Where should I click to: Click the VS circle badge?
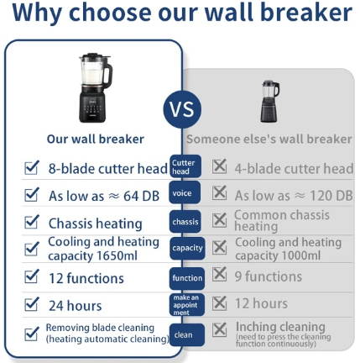point(182,109)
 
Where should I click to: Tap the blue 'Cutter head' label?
point(185,166)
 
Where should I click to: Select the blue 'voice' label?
point(185,192)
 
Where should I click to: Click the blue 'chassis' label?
point(185,222)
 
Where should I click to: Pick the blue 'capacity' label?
point(187,248)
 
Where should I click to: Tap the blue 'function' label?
point(187,278)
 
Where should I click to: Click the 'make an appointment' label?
point(187,305)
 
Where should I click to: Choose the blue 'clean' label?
point(187,334)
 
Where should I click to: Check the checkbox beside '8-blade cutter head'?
point(31,167)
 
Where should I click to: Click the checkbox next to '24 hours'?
point(31,304)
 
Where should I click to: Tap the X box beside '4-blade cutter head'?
point(219,166)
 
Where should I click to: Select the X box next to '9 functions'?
point(219,274)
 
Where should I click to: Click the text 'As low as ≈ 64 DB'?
point(104,196)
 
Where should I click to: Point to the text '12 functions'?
point(86,278)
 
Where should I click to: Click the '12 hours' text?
point(261,303)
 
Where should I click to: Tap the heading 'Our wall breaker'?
point(96,139)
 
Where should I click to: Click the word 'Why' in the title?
point(37,13)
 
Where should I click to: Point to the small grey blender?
point(270,101)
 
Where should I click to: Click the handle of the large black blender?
point(108,74)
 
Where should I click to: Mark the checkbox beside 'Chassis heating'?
point(31,222)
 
